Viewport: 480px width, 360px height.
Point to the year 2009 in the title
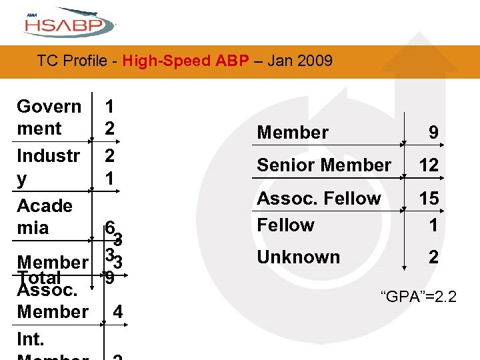(x=315, y=61)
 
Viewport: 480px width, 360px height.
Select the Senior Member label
(x=324, y=165)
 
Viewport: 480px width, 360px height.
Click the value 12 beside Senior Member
(x=429, y=165)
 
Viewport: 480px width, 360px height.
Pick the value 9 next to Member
(x=433, y=133)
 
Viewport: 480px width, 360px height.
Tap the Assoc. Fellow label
(x=319, y=198)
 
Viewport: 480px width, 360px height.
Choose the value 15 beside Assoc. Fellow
(x=429, y=199)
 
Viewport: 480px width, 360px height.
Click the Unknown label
(x=298, y=257)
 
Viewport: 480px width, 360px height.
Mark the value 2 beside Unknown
(x=433, y=257)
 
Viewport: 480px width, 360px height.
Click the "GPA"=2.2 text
(x=418, y=295)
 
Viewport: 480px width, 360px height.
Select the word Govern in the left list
(x=49, y=107)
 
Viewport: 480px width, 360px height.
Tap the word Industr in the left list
(x=48, y=156)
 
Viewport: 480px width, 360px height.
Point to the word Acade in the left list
(x=44, y=205)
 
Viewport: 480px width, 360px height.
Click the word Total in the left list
(x=40, y=277)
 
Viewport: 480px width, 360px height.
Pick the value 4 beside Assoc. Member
(x=117, y=311)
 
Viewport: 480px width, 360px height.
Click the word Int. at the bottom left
(x=31, y=339)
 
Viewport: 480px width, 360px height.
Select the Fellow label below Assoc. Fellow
(x=285, y=225)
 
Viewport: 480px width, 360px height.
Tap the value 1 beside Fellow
(x=433, y=225)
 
